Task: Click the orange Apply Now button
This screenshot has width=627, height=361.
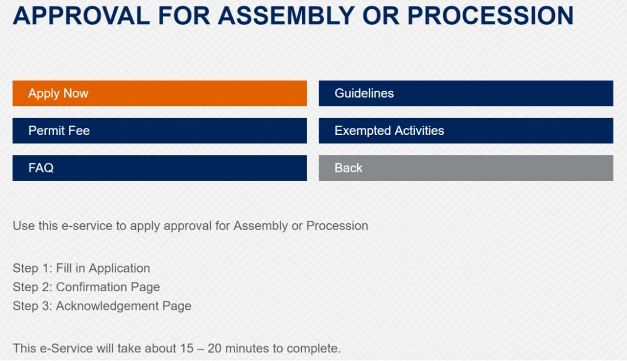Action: click(x=160, y=93)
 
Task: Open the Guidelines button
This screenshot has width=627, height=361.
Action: click(x=466, y=93)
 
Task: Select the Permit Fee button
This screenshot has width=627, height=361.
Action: click(x=160, y=130)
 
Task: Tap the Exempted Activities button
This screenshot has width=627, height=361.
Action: click(x=466, y=130)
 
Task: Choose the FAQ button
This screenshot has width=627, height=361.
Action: click(x=160, y=168)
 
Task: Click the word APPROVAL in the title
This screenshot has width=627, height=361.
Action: click(x=82, y=16)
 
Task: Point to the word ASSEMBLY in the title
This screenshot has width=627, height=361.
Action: click(x=286, y=16)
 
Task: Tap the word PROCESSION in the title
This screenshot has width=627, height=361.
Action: click(x=490, y=16)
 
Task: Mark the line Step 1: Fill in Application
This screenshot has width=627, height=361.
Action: click(x=82, y=268)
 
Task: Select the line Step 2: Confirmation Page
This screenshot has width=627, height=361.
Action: click(x=87, y=287)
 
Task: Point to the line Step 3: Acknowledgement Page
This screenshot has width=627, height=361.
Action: click(x=102, y=306)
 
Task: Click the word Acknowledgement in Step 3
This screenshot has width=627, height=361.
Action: click(x=107, y=306)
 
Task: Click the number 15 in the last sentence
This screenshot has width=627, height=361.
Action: click(x=187, y=348)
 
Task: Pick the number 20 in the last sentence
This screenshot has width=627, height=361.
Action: click(x=214, y=348)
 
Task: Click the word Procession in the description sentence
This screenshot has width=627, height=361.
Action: click(x=337, y=226)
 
